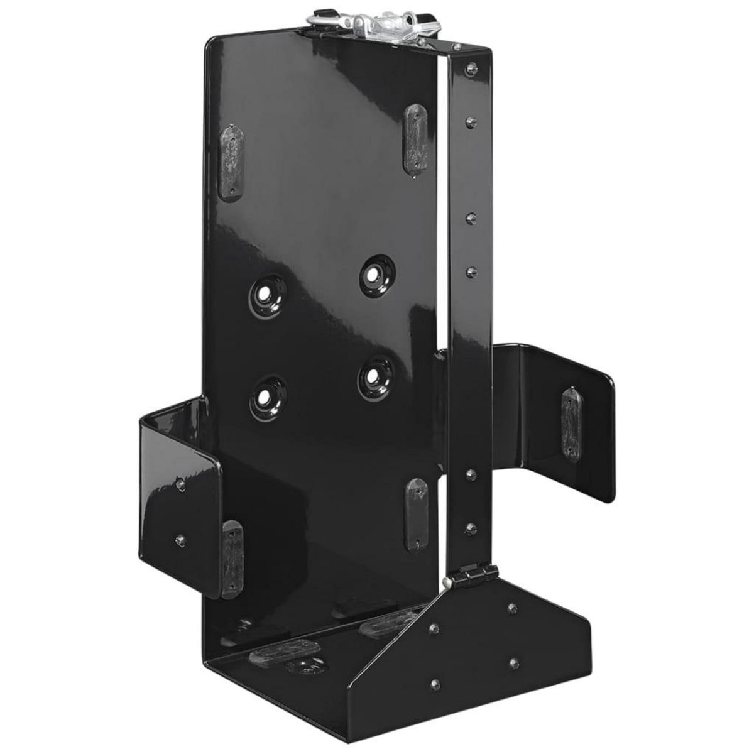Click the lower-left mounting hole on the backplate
[x=267, y=397]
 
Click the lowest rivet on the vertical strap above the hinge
[x=470, y=527]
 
